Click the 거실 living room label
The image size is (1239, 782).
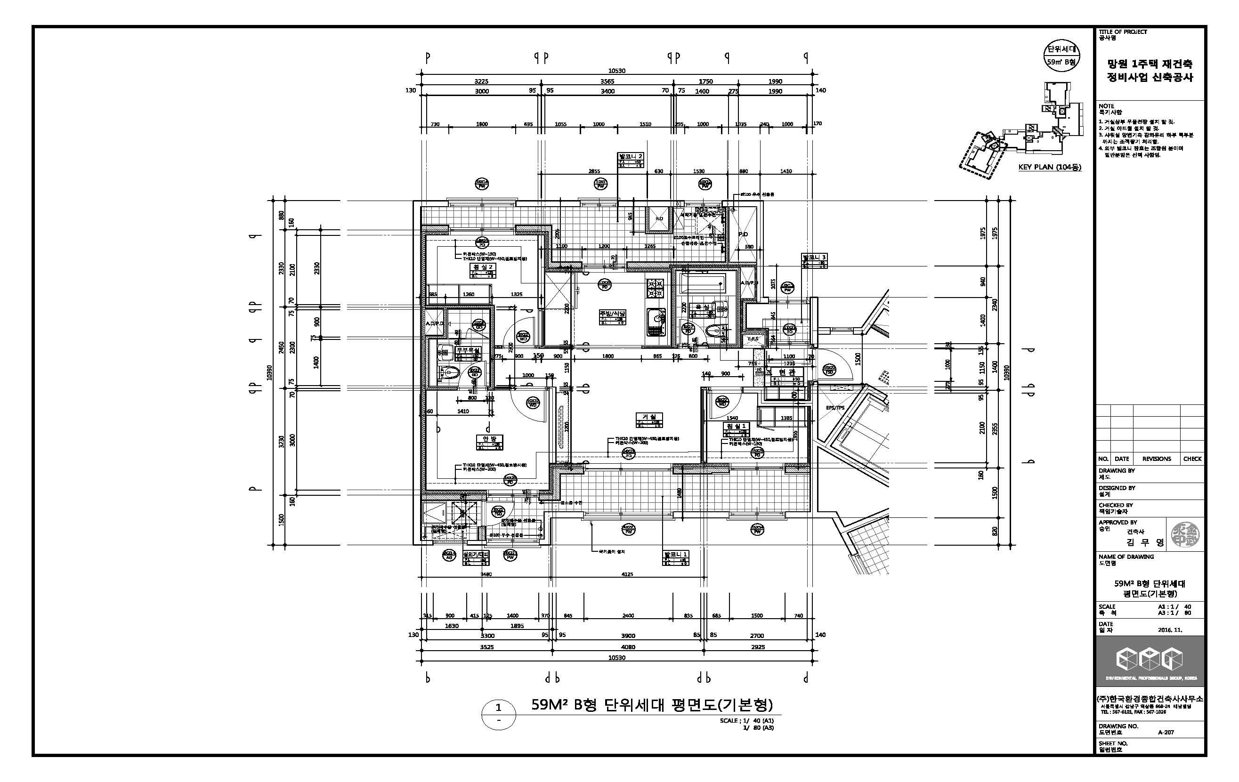(x=649, y=417)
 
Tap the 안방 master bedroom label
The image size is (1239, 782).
(x=489, y=439)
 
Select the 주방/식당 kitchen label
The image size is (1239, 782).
(x=612, y=313)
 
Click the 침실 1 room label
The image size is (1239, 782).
(x=736, y=427)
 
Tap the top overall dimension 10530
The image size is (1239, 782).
(x=616, y=71)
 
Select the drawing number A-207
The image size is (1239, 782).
(x=1166, y=732)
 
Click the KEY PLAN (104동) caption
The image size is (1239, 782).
(x=1050, y=167)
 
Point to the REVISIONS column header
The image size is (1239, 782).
(x=1156, y=459)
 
